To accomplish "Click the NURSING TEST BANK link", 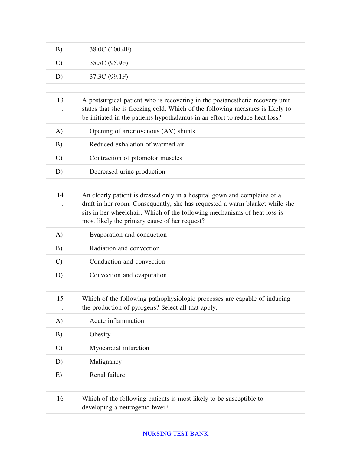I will point(175,434).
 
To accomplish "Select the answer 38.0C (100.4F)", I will point(110,49).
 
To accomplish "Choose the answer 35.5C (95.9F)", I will point(109,63).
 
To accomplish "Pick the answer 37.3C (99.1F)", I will point(109,77).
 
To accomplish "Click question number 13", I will point(60,100).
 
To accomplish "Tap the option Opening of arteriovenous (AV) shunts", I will point(142,131).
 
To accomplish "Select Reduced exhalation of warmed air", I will point(137,144).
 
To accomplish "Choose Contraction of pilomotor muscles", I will point(136,158).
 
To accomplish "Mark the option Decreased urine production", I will point(127,172).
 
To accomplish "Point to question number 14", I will point(60,195).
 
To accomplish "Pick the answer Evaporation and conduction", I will point(128,235).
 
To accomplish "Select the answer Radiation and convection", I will point(124,248).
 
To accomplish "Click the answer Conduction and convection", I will point(127,261).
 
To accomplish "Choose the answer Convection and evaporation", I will point(128,275).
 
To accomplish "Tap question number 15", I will point(60,299).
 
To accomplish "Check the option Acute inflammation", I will point(117,321).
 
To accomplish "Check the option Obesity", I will point(100,334).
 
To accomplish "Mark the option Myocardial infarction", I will point(119,348).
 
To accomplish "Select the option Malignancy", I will point(106,362).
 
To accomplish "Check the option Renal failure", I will point(107,375).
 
